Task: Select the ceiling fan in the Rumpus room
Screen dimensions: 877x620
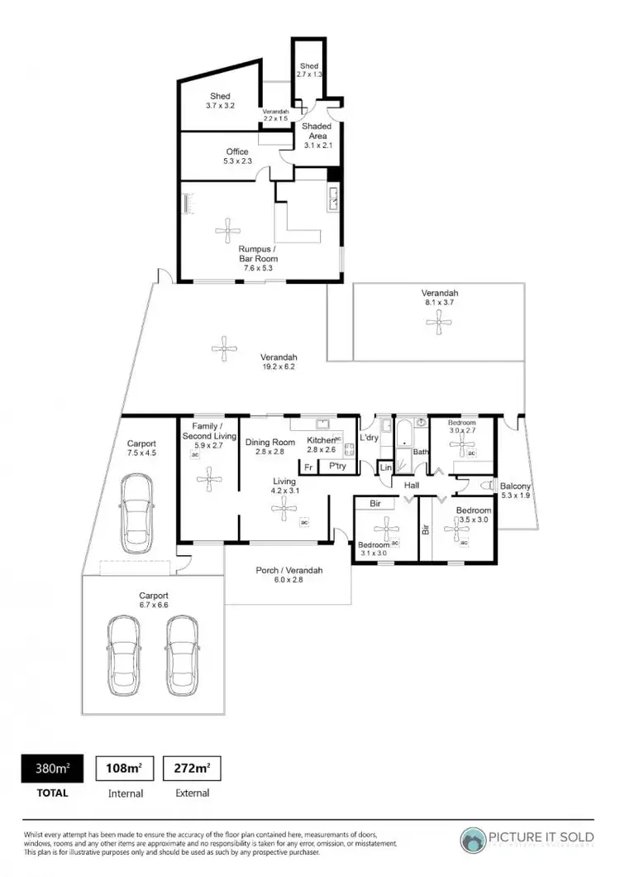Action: pos(225,228)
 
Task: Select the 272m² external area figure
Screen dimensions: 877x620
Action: pos(192,768)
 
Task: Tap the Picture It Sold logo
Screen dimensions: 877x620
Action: pos(527,837)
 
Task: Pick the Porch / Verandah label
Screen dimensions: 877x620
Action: pos(289,570)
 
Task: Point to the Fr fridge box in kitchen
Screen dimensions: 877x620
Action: pos(308,467)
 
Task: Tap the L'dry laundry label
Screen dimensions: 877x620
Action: pos(369,437)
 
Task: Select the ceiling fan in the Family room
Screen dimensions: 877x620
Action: pos(209,477)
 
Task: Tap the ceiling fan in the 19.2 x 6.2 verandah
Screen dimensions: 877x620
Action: pos(222,348)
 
